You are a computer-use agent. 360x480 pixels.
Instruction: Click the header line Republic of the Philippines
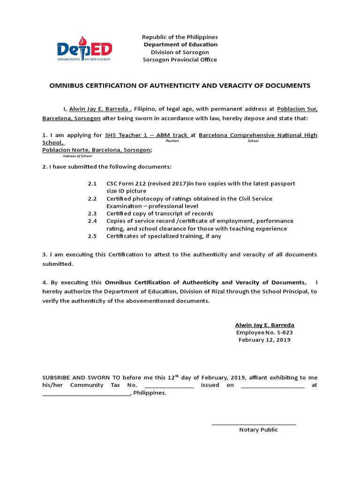pyautogui.click(x=180, y=37)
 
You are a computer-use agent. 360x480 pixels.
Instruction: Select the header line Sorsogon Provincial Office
pyautogui.click(x=180, y=60)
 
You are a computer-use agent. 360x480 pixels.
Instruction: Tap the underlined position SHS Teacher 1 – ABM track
pyautogui.click(x=146, y=135)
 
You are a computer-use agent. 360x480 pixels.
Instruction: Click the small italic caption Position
pyautogui.click(x=173, y=141)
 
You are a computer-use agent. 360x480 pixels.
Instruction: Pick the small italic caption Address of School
pyautogui.click(x=77, y=156)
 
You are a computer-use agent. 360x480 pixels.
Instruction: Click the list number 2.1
pyautogui.click(x=92, y=183)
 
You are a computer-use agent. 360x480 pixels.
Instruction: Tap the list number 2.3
pyautogui.click(x=92, y=213)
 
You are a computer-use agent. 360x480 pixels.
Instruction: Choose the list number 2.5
pyautogui.click(x=92, y=236)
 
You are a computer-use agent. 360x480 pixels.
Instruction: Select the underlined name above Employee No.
pyautogui.click(x=264, y=325)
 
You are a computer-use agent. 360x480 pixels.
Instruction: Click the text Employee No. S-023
pyautogui.click(x=264, y=332)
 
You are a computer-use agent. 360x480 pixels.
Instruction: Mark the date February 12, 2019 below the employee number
pyautogui.click(x=264, y=340)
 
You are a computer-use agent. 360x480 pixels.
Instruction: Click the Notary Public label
pyautogui.click(x=258, y=429)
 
